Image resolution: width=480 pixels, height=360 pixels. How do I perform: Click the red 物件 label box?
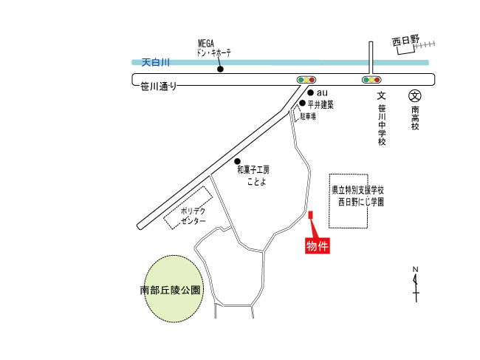(x=317, y=245)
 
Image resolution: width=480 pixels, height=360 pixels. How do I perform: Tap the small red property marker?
(x=310, y=216)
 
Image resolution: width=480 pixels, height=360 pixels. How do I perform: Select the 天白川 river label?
(x=157, y=64)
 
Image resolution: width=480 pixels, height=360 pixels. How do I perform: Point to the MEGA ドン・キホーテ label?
(x=214, y=49)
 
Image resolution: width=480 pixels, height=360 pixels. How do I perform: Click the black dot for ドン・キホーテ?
(x=220, y=70)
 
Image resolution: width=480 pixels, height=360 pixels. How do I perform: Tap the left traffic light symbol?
(x=306, y=79)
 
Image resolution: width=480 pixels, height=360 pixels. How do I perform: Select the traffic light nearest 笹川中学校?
(x=371, y=79)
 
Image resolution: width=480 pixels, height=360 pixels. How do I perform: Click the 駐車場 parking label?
(x=308, y=117)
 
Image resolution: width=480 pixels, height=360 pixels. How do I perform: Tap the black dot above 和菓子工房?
(x=237, y=160)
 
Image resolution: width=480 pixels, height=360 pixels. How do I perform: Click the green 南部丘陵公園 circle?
(x=171, y=290)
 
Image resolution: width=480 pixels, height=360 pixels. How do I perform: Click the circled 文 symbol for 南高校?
(x=415, y=95)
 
